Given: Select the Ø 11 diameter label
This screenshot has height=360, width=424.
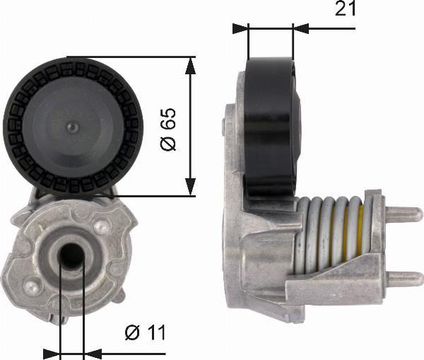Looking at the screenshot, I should [144, 332].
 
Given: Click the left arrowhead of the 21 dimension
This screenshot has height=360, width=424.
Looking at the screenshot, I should [242, 28].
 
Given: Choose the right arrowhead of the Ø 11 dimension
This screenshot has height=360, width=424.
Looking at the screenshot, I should [92, 352].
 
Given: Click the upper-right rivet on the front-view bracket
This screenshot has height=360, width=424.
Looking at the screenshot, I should [104, 227].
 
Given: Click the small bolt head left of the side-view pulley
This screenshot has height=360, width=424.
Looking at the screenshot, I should [225, 127].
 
